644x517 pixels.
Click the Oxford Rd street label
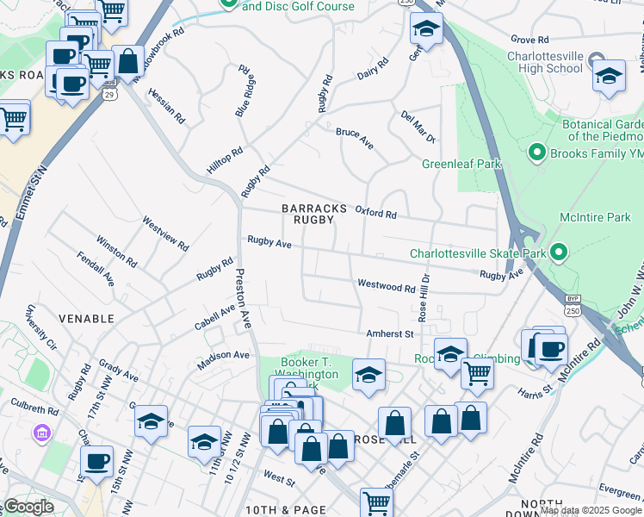click(x=375, y=212)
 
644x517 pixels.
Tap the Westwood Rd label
click(x=387, y=285)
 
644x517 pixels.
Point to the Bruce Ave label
click(x=354, y=138)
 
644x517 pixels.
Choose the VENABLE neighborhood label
click(x=86, y=319)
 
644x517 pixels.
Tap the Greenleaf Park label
click(x=461, y=164)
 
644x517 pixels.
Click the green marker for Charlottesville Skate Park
click(x=559, y=253)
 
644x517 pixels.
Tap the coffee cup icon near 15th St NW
click(x=97, y=460)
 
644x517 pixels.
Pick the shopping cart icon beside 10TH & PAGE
click(x=376, y=501)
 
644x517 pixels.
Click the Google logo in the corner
click(x=28, y=507)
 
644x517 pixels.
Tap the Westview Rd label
click(x=165, y=233)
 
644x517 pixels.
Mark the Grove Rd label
click(x=529, y=40)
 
